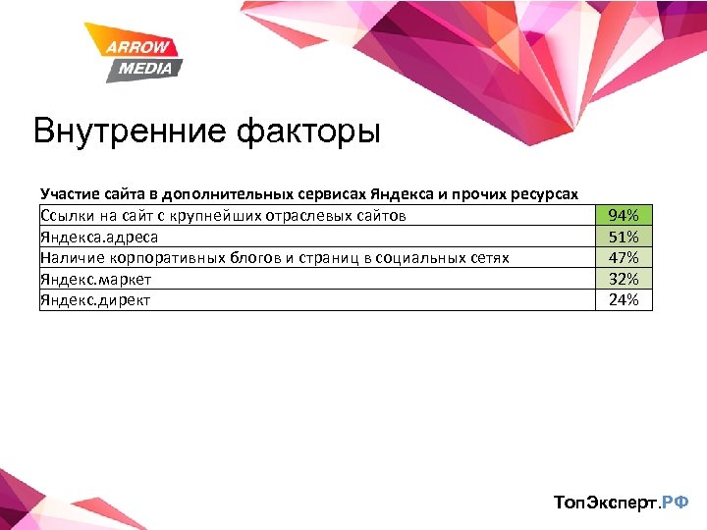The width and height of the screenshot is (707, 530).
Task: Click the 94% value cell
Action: (624, 215)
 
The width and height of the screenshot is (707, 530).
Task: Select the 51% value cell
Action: (624, 237)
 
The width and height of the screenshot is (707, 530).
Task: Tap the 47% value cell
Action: (624, 257)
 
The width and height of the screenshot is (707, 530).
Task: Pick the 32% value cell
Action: (624, 279)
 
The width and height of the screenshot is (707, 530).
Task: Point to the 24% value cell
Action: (624, 299)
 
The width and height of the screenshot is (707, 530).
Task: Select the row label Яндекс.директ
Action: (95, 299)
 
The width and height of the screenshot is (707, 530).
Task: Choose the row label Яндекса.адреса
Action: (98, 237)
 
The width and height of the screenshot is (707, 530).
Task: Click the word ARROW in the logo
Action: (138, 47)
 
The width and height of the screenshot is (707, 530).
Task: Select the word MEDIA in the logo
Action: (145, 68)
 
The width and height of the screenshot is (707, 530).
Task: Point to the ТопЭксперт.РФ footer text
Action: (621, 503)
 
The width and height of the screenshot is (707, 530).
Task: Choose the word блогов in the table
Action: (255, 257)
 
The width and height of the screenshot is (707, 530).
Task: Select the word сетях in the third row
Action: (488, 257)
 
